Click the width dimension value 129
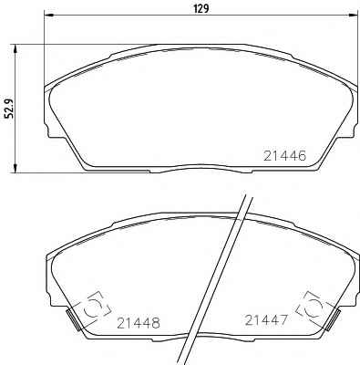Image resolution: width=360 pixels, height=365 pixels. tap(201, 8)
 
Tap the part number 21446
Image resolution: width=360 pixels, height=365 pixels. tap(284, 156)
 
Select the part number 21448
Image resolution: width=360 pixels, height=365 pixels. tap(139, 323)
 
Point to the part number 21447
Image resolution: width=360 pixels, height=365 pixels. tap(266, 320)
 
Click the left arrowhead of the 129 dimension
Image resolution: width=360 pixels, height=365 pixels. tap(49, 15)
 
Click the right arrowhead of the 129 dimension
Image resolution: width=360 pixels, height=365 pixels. tap(353, 15)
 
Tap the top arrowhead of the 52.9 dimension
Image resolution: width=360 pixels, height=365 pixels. tap(15, 49)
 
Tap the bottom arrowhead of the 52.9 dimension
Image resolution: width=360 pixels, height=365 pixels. tap(15, 168)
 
